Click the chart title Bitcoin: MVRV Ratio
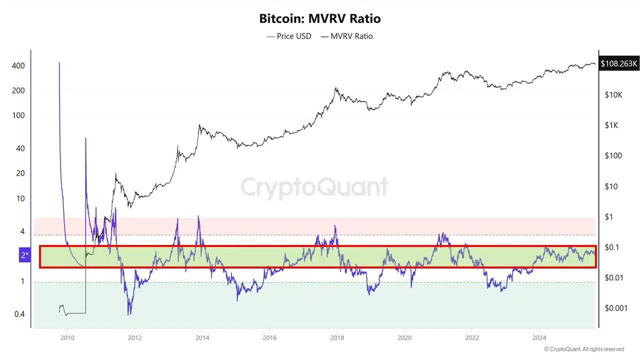[x=319, y=18]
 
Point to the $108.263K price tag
[x=619, y=63]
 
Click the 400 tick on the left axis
[x=18, y=66]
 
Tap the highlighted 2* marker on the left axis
[x=24, y=255]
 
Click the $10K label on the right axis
[x=613, y=94]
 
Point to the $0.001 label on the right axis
[x=616, y=308]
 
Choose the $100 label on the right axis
[x=613, y=155]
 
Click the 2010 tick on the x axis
[x=67, y=337]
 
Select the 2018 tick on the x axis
[x=336, y=337]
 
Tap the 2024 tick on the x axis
[x=539, y=337]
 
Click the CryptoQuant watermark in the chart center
[x=314, y=187]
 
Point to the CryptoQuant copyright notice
[x=584, y=349]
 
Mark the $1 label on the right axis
[x=608, y=217]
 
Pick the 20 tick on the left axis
[x=20, y=173]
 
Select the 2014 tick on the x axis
[x=202, y=337]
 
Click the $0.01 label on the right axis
[x=614, y=277]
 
